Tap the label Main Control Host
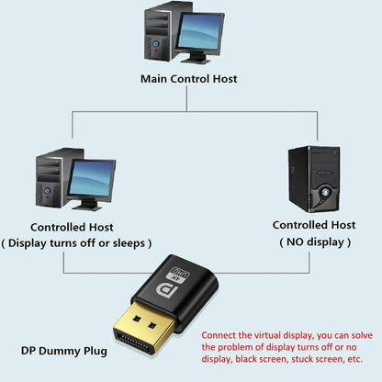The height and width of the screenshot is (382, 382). [189, 79]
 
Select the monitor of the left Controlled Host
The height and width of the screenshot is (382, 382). [90, 176]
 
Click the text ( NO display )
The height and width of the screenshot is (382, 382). [314, 242]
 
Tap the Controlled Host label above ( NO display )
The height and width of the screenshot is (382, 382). [314, 224]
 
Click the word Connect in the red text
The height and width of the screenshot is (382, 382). [219, 334]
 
